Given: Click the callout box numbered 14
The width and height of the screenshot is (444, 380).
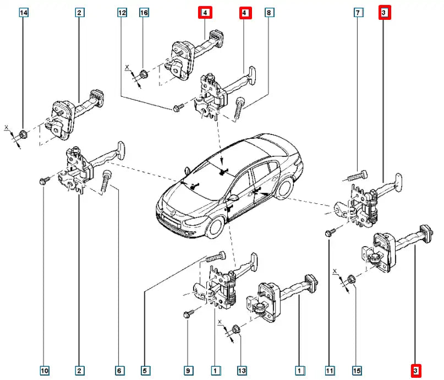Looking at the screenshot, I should pos(23,12).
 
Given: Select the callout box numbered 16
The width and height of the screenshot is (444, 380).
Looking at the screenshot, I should pos(144,12).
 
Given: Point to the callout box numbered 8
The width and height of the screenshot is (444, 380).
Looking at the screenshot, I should pos(268,12).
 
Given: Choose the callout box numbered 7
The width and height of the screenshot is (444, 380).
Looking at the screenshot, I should pos(358,12).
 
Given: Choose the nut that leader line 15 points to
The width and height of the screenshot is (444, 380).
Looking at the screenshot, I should pos(352,278).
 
